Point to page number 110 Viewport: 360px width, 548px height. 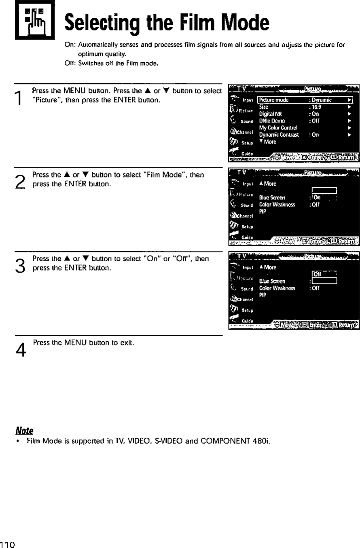tap(7, 544)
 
